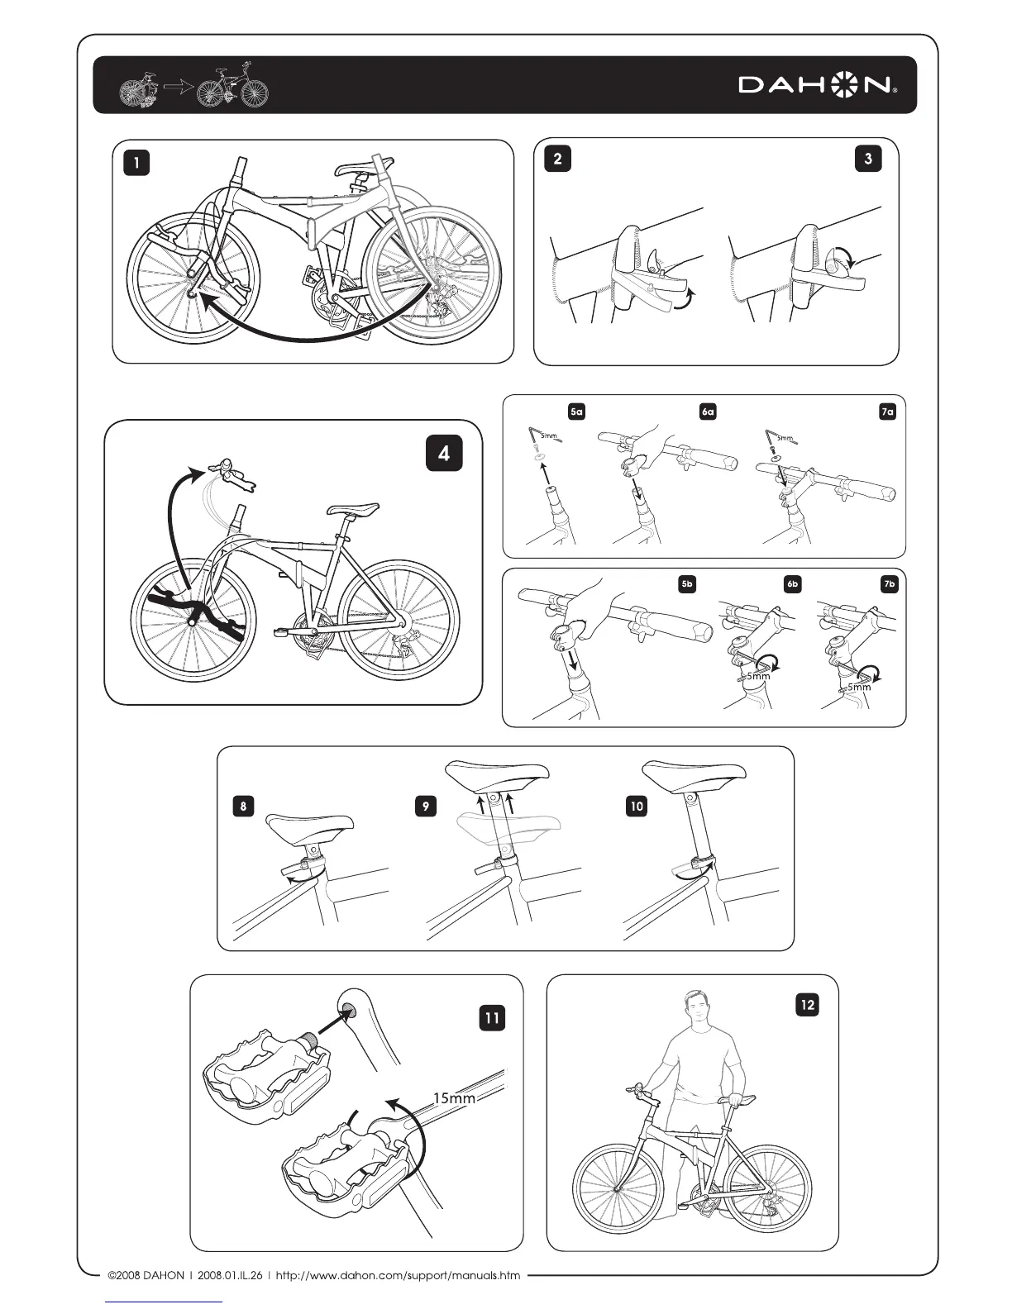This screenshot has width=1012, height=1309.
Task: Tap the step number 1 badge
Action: [x=136, y=163]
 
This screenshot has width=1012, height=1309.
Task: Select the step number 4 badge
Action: [x=444, y=453]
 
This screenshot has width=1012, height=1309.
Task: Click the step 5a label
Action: [x=576, y=411]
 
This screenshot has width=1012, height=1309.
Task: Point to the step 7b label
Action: [x=889, y=584]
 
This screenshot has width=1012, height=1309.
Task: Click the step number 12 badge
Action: [x=807, y=1005]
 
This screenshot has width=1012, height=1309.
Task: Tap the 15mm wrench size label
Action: [x=455, y=1098]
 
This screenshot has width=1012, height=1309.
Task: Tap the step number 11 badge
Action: [x=492, y=1018]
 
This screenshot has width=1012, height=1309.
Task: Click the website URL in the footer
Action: [x=398, y=1275]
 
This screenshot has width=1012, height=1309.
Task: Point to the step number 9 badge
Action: [x=424, y=806]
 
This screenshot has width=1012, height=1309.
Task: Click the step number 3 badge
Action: [x=868, y=159]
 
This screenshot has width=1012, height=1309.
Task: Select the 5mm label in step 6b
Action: [x=757, y=677]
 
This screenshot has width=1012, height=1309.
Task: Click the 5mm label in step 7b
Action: [x=858, y=687]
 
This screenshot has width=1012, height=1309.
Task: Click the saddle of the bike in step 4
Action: [x=353, y=509]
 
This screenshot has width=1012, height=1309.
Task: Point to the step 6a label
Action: [x=708, y=411]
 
